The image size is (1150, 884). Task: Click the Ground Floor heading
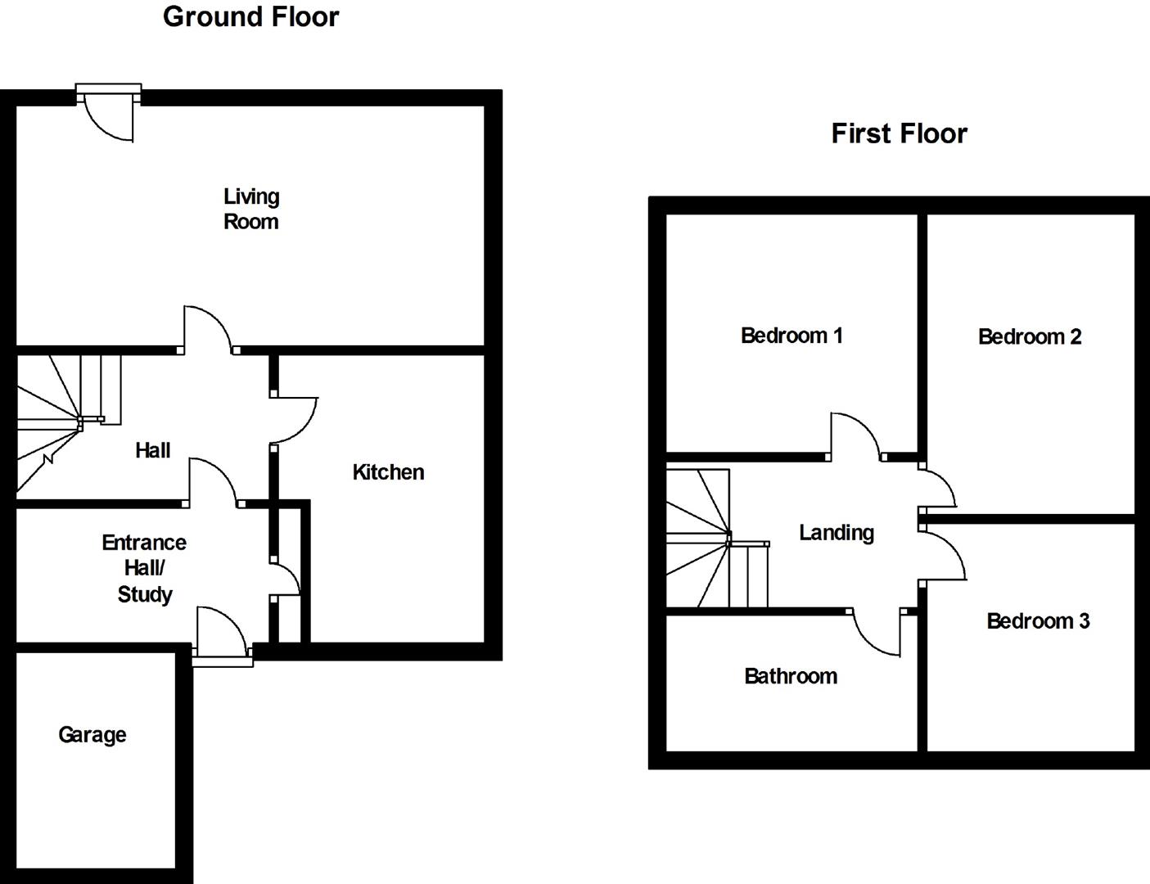click(250, 17)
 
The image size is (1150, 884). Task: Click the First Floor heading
click(899, 133)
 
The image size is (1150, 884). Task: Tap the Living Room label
click(251, 209)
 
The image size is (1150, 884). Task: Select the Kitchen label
click(388, 472)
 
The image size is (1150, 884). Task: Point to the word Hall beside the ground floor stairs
click(153, 450)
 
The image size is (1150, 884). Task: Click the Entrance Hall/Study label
click(144, 568)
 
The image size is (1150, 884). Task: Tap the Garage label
click(92, 735)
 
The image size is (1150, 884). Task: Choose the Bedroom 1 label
click(791, 336)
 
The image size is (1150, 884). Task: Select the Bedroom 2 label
click(1030, 336)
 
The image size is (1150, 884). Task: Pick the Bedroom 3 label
click(1038, 621)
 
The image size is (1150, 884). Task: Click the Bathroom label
click(791, 676)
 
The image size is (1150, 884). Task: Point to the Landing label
click(837, 533)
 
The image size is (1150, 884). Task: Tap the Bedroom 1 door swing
click(855, 435)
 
